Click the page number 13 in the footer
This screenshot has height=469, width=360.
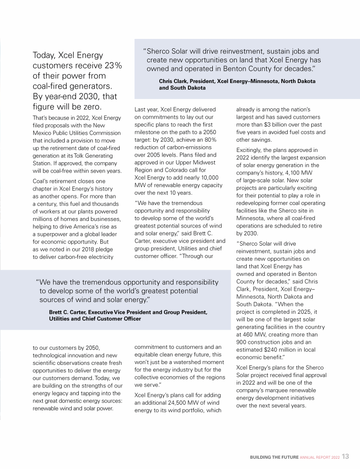click(x=345, y=456)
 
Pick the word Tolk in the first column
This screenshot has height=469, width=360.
click(x=77, y=155)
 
